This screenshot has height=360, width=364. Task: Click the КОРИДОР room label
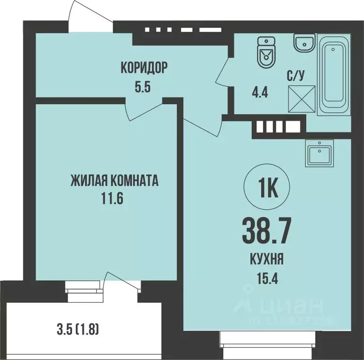tap(144, 67)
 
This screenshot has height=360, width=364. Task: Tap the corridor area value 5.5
tap(144, 86)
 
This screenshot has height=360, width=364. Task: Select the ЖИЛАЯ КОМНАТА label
tap(114, 180)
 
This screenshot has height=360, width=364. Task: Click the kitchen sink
tap(319, 154)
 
